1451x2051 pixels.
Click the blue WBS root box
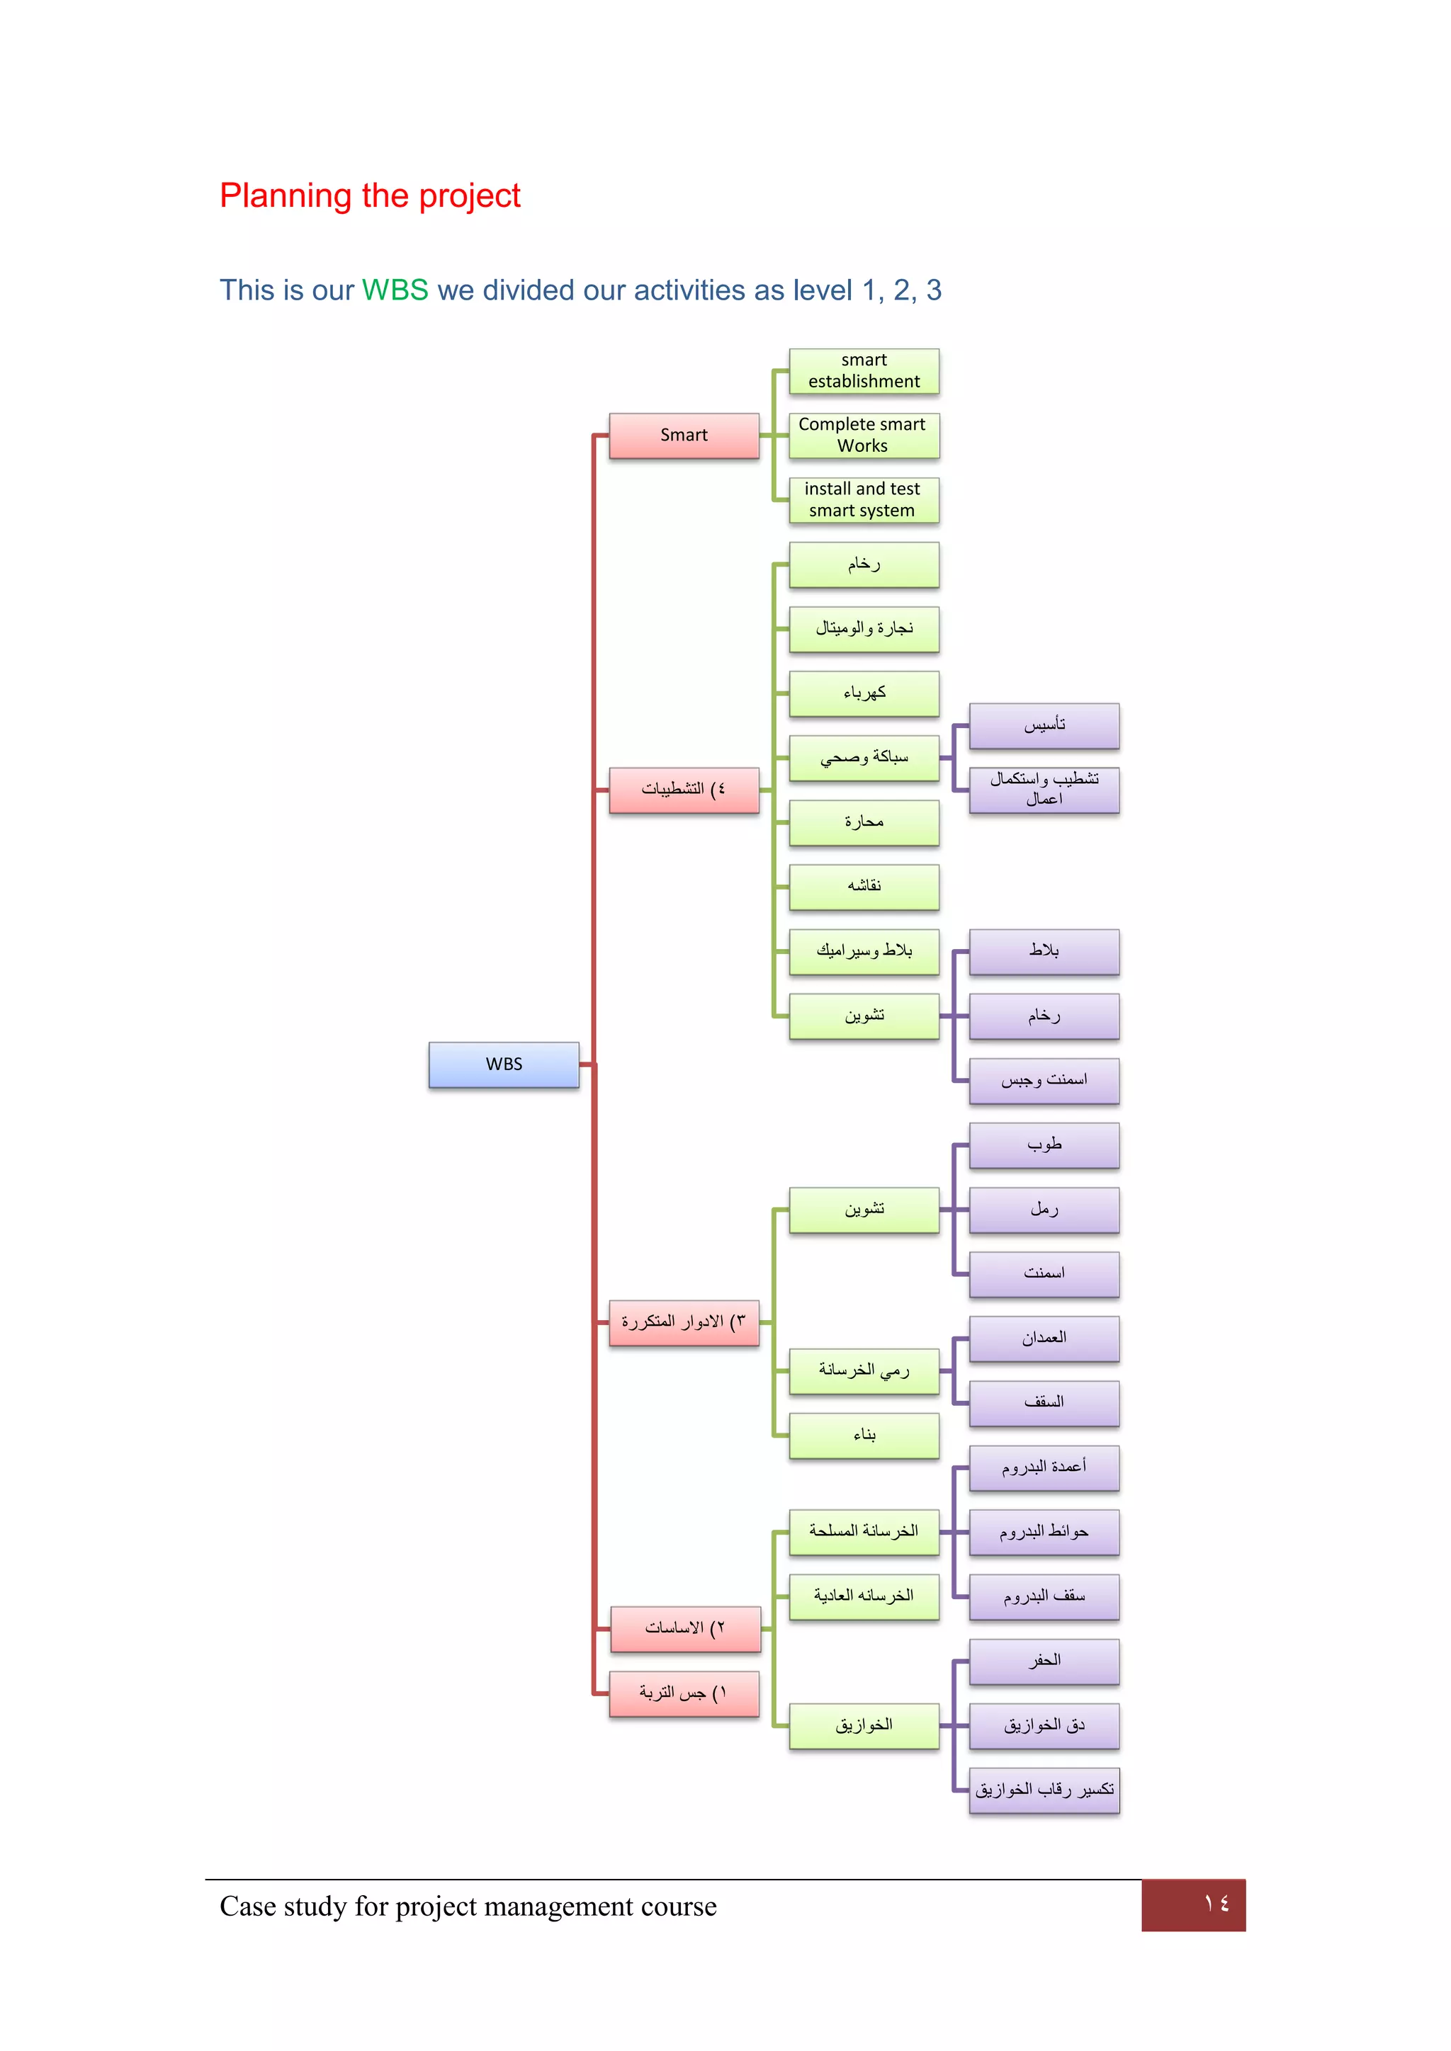[x=504, y=1064]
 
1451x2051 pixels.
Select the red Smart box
[x=684, y=435]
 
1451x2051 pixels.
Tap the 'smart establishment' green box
[x=864, y=370]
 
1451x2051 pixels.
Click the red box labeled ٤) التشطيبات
[x=684, y=790]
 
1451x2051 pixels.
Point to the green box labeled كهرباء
[x=864, y=693]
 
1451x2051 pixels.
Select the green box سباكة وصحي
[x=864, y=758]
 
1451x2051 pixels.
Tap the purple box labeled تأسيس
[x=1044, y=725]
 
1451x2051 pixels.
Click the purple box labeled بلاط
[x=1044, y=951]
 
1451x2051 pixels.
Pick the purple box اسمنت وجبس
[x=1044, y=1080]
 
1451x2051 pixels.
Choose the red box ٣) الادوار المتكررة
[x=684, y=1322]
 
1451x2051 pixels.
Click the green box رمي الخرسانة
[x=864, y=1370]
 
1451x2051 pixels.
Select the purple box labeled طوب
[x=1044, y=1145]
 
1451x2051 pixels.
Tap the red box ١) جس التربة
[x=684, y=1693]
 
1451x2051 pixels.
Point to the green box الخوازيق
[x=864, y=1726]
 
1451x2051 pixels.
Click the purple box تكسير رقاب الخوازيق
[x=1044, y=1790]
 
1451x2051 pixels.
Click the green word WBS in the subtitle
[x=395, y=290]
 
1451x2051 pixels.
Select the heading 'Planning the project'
[x=370, y=195]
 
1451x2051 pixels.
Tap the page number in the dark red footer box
[x=1215, y=1904]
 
